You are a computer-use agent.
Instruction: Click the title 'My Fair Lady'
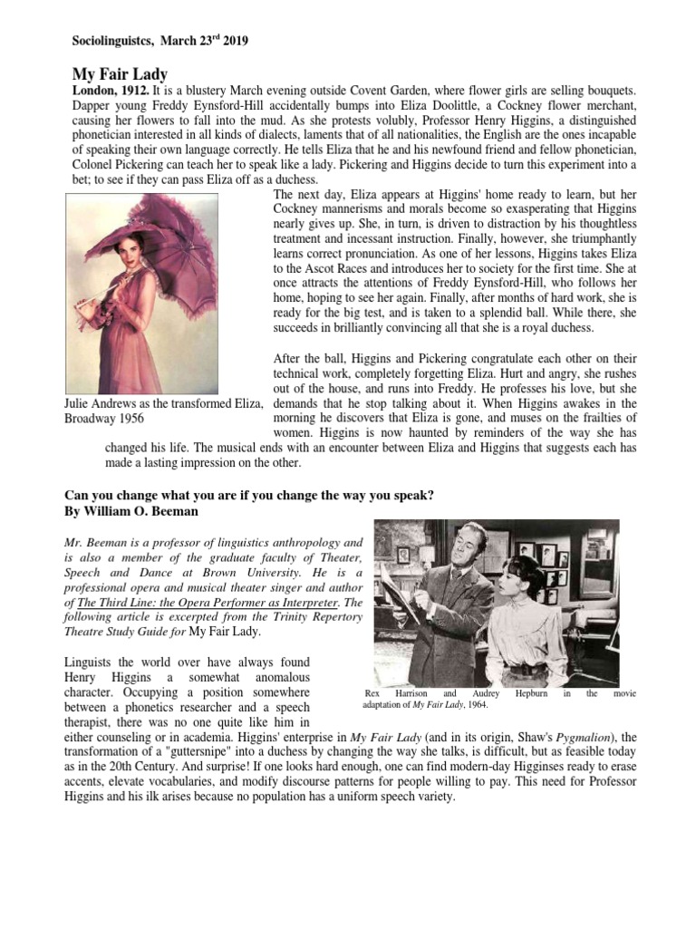[x=120, y=74]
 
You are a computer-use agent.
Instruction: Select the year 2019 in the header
[x=233, y=41]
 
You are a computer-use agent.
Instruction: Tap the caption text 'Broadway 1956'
[x=104, y=419]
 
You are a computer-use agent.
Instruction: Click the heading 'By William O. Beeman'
[x=130, y=511]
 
